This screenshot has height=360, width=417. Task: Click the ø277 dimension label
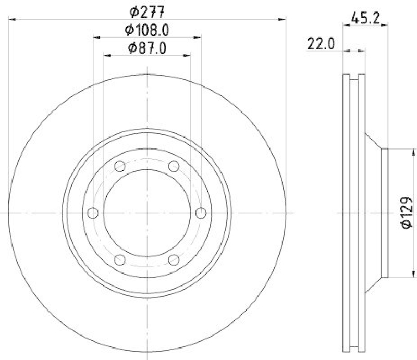tap(148, 11)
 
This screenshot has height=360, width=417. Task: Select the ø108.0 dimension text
tap(148, 30)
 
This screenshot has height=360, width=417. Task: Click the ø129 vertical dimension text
tap(407, 213)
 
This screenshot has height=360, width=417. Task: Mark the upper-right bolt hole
tap(174, 166)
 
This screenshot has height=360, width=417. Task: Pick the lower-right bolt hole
tap(174, 259)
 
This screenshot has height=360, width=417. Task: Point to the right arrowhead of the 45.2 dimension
tap(386, 24)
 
